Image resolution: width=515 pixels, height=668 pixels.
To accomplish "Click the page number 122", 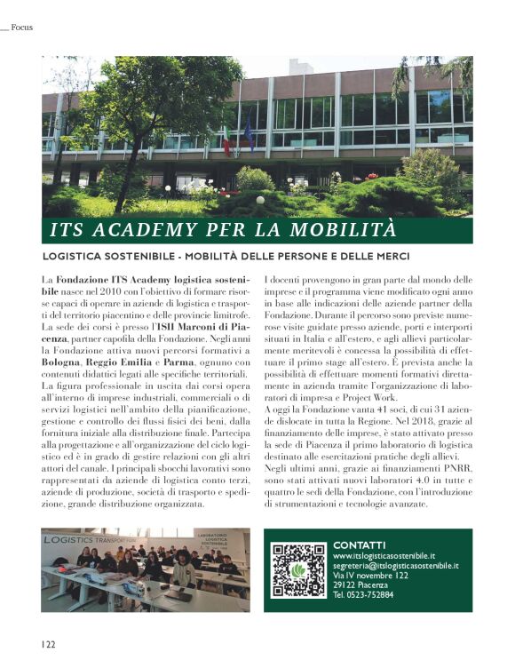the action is click(46, 643).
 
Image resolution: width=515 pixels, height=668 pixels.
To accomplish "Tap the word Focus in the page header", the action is click(22, 28).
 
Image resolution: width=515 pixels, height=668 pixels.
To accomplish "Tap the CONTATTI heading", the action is click(359, 545).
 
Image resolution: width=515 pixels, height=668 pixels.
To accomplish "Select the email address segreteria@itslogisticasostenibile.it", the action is click(396, 565).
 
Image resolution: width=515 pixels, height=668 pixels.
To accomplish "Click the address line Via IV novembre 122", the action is click(371, 575).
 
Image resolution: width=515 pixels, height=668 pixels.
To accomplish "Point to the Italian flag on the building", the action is click(226, 139).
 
